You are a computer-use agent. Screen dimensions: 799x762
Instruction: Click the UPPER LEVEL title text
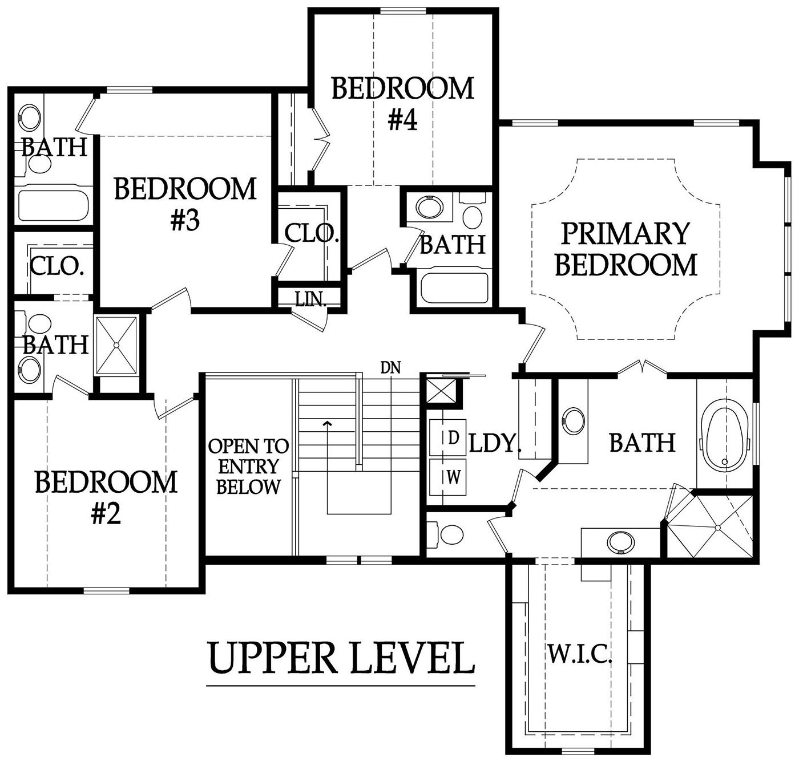341,657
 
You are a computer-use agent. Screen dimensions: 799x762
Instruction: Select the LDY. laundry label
495,444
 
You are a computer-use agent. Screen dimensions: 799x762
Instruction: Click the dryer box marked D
448,437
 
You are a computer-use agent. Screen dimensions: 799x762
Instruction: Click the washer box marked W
448,477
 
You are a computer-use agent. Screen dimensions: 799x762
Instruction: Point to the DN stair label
390,367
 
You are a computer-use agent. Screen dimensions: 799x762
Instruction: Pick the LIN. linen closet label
311,299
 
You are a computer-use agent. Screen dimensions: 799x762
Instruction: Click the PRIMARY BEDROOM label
626,249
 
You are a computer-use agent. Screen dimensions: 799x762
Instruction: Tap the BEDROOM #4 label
403,104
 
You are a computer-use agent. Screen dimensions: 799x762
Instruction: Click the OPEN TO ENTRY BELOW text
248,467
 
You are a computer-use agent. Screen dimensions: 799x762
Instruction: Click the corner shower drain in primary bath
718,528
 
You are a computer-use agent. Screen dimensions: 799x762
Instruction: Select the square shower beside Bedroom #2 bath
116,346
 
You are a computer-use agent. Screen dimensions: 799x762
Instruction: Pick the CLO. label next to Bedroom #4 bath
311,233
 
